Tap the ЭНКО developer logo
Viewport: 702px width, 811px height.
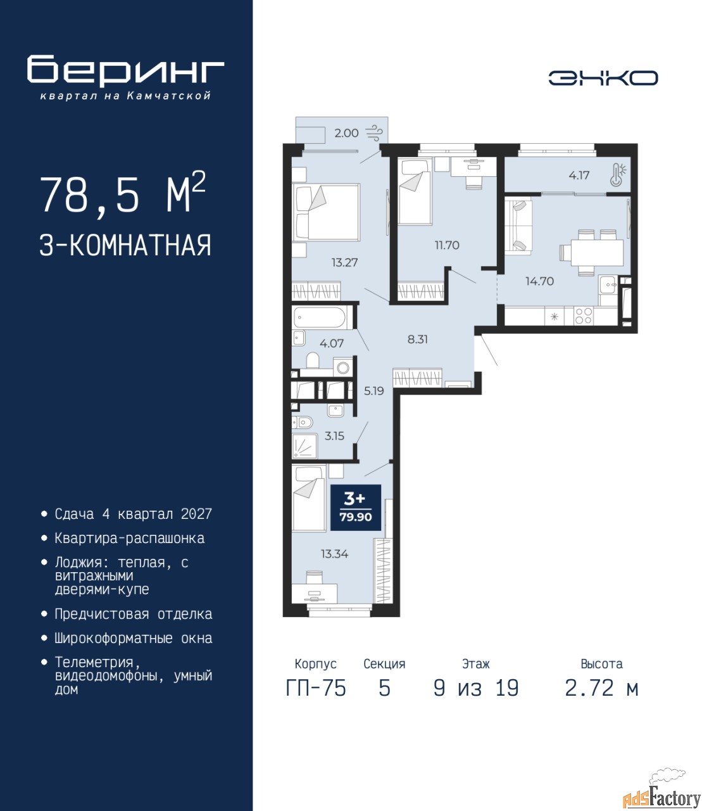(603, 78)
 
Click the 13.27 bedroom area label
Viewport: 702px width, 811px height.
(344, 262)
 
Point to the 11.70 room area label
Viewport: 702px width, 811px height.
(447, 245)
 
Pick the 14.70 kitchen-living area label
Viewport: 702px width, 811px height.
(540, 281)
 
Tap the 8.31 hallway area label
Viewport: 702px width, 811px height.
(417, 339)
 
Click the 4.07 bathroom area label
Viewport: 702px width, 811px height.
(332, 343)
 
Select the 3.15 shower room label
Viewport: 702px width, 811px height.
(334, 435)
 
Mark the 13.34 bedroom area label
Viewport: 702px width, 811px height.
(334, 554)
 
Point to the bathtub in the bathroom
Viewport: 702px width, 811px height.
(320, 318)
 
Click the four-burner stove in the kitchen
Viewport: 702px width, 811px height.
(583, 316)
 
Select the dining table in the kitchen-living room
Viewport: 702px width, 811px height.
(596, 253)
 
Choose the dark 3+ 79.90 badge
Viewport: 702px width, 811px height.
(356, 507)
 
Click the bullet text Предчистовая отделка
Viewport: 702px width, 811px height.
(134, 615)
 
